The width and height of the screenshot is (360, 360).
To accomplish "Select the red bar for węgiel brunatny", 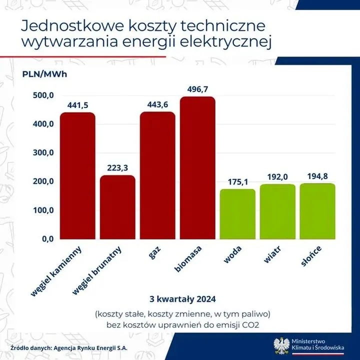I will (x=117, y=207).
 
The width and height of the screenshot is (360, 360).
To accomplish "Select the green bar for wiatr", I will (x=277, y=212).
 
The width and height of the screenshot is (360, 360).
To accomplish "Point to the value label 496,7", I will (x=197, y=89).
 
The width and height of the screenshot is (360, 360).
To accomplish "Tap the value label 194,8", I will (x=317, y=176).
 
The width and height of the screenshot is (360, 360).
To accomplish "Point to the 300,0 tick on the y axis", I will (x=43, y=153).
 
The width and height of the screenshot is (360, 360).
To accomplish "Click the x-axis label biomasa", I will (x=185, y=259).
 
